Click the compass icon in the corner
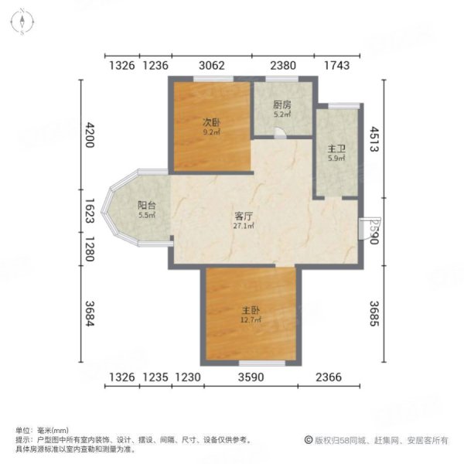point(23,21)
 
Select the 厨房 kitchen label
point(281,105)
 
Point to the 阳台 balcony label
point(146,206)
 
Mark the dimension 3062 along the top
point(212,66)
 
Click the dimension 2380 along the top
point(282,66)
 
